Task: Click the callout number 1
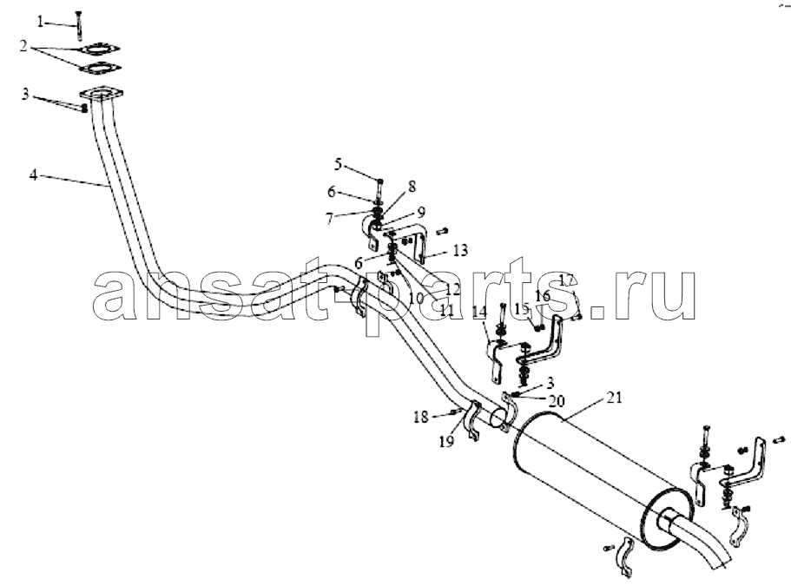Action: click(x=40, y=21)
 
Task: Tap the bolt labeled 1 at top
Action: click(x=78, y=24)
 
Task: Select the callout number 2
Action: click(x=23, y=46)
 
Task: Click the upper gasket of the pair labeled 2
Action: click(x=100, y=49)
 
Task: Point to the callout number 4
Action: click(x=33, y=175)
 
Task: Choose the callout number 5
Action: click(x=338, y=164)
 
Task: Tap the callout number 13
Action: click(x=460, y=250)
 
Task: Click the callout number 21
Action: click(x=615, y=398)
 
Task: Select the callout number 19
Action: click(x=446, y=442)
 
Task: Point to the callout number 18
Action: click(x=421, y=417)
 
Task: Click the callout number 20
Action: click(x=557, y=401)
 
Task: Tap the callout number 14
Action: click(x=480, y=313)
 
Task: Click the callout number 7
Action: click(x=330, y=219)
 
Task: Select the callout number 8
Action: click(x=412, y=187)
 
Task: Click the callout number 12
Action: click(x=453, y=289)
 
